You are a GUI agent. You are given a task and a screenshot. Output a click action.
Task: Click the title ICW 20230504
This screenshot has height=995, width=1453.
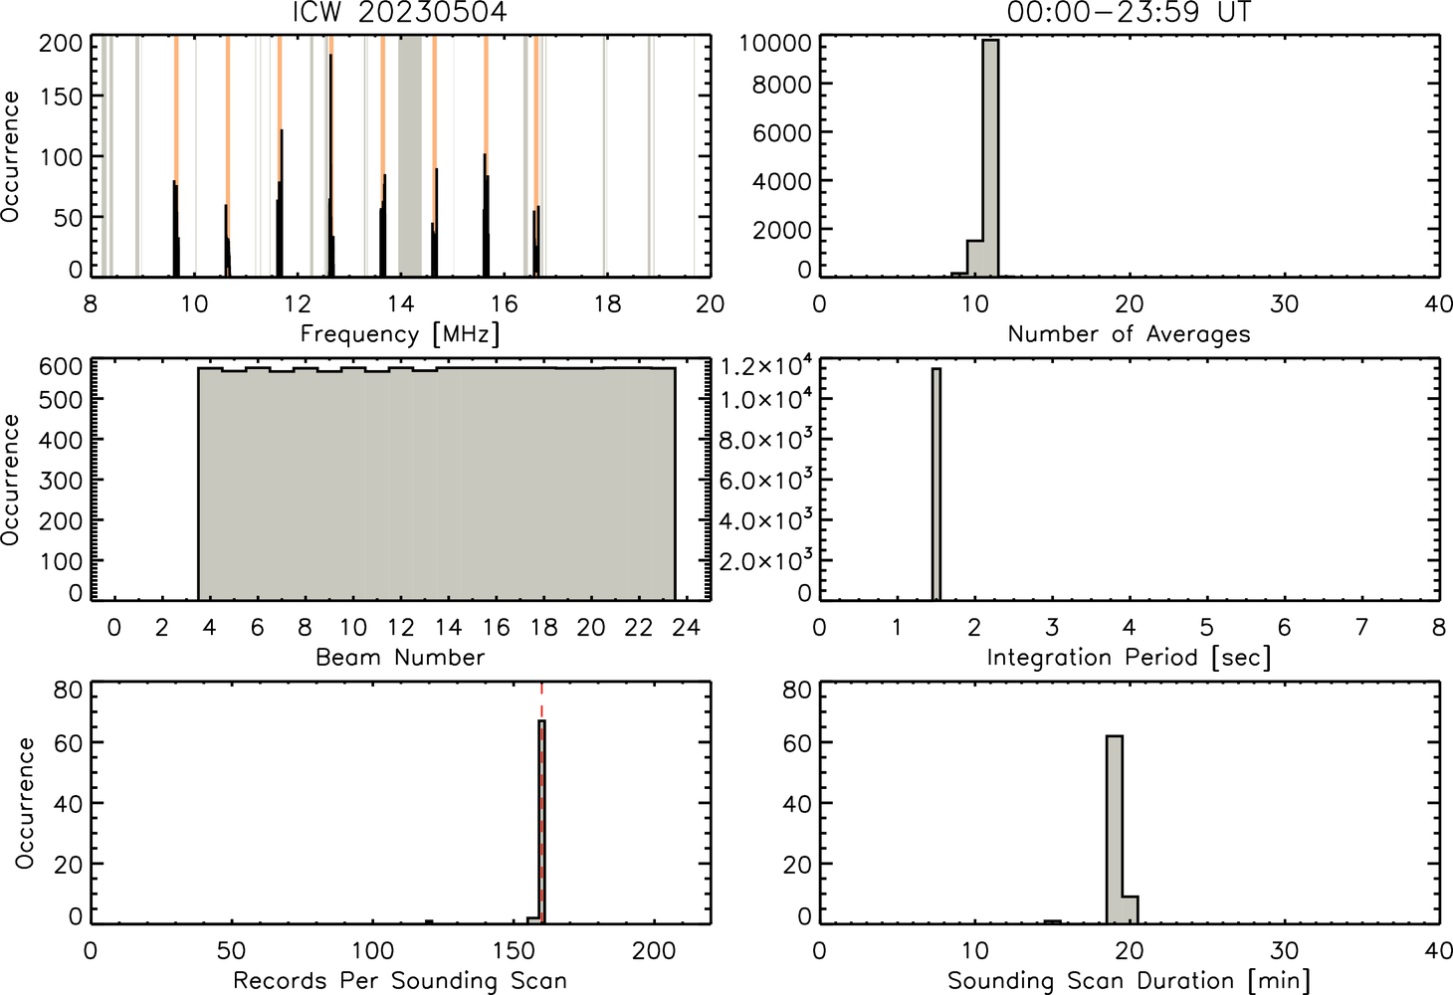(x=400, y=12)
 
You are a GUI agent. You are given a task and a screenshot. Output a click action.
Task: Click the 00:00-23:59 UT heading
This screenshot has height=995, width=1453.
(x=1129, y=12)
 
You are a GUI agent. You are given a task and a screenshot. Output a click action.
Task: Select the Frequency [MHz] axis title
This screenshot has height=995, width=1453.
(x=400, y=334)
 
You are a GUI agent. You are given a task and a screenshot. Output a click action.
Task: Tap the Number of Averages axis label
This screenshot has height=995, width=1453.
(x=1129, y=334)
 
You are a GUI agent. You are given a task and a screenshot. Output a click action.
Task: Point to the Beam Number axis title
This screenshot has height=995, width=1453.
(x=400, y=658)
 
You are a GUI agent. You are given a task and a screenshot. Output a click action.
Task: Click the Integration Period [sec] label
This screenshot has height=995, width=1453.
(x=1129, y=658)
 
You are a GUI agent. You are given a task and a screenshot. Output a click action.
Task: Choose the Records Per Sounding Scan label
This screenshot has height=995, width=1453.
(x=400, y=981)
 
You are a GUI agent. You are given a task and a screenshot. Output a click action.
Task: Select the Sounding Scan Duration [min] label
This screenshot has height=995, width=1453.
(x=1129, y=980)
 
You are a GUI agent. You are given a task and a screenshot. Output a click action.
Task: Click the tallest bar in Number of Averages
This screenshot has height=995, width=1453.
(x=990, y=158)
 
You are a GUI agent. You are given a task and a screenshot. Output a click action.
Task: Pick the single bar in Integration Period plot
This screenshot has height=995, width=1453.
(x=936, y=484)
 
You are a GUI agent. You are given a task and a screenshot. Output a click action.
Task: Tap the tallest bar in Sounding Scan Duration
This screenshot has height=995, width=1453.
(x=1115, y=830)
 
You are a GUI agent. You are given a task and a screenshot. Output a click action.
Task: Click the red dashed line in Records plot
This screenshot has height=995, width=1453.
(x=541, y=803)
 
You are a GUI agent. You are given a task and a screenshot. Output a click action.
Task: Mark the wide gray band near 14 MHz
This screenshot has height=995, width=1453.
(x=410, y=155)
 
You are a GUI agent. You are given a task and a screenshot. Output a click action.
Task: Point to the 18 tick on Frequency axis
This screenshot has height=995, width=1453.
(x=608, y=304)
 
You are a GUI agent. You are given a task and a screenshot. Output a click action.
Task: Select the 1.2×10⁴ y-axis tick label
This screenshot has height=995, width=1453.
(x=766, y=366)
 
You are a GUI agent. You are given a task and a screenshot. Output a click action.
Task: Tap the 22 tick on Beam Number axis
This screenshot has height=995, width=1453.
(x=638, y=627)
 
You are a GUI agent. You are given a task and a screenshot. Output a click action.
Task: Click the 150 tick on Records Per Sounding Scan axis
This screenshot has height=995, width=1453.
(x=514, y=951)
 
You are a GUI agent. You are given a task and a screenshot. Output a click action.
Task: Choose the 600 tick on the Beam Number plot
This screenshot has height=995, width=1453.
(x=61, y=367)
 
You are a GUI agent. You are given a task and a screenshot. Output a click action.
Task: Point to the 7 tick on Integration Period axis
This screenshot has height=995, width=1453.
(x=1361, y=627)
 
